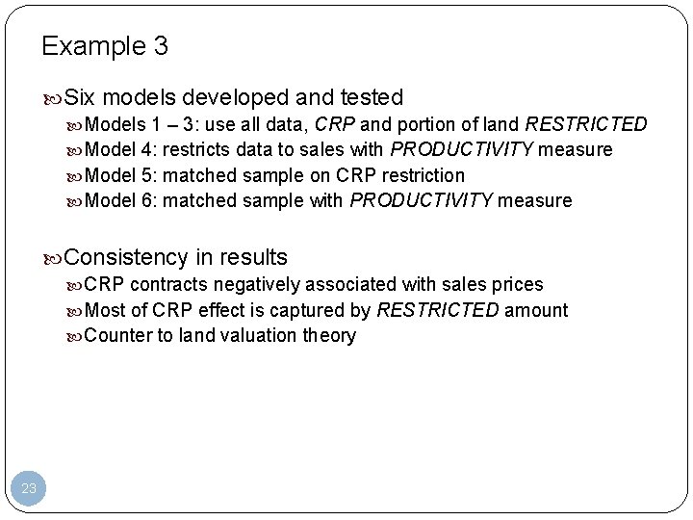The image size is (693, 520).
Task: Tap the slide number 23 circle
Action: tap(29, 489)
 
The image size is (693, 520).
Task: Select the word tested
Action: tap(373, 97)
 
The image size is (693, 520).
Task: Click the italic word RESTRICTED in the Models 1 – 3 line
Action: tap(587, 124)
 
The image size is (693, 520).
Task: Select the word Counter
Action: tap(116, 335)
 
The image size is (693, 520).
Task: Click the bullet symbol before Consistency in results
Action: tap(54, 258)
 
